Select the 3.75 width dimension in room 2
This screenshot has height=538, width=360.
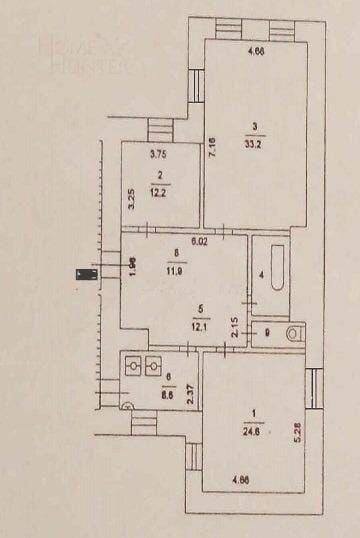click(x=156, y=155)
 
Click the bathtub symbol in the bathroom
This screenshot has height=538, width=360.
click(x=272, y=269)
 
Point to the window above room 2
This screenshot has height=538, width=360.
click(x=160, y=130)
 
